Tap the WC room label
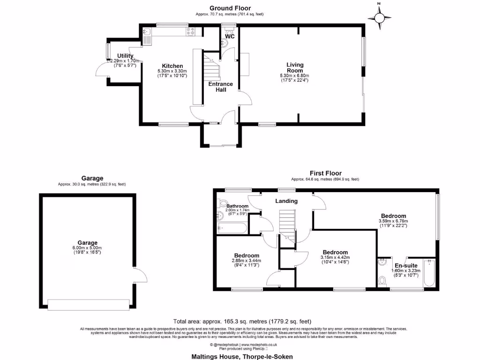(x=230, y=36)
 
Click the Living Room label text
(x=295, y=67)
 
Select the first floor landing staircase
(x=287, y=225)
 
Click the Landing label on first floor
(x=286, y=201)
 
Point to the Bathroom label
(x=237, y=206)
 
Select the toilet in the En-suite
(x=382, y=281)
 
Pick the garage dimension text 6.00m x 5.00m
(x=88, y=248)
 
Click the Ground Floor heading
(x=230, y=8)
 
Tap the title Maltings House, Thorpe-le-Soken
(x=242, y=356)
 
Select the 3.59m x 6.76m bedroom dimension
(x=393, y=221)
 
